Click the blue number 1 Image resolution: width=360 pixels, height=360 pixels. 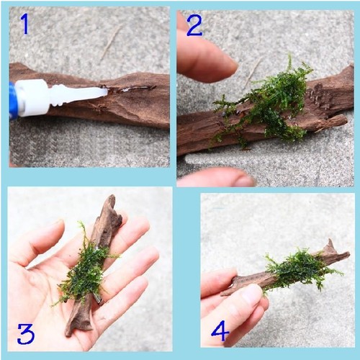pos(25,23)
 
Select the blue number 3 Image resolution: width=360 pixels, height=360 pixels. pos(26,334)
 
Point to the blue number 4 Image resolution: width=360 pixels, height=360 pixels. pos(220,331)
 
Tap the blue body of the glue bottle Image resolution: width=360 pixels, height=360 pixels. pos(12,100)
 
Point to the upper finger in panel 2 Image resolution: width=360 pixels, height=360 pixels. pos(207,59)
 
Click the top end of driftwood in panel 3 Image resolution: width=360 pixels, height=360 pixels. pos(112,197)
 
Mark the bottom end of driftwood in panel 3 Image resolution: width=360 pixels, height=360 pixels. pos(68,333)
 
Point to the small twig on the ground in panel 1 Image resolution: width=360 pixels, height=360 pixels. pos(111,42)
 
